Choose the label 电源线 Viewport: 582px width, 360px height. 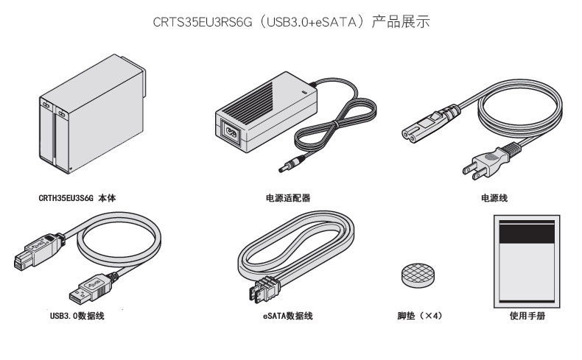point(494,198)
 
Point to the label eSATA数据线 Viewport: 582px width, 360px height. point(288,317)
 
